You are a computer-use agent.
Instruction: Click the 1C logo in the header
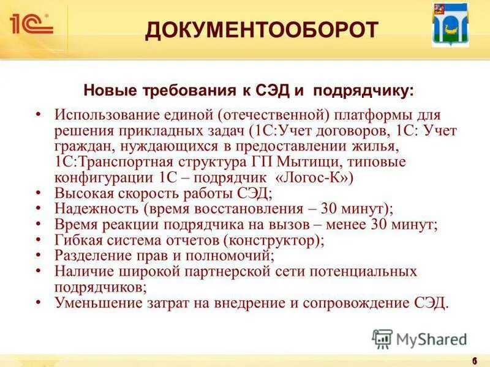click(31, 24)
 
